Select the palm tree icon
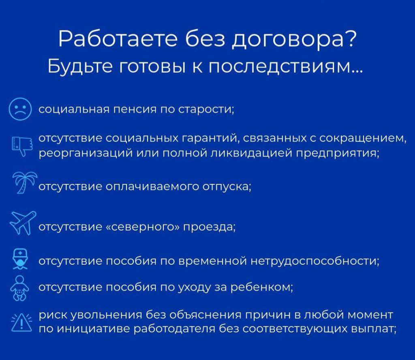click(24, 184)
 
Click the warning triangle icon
click(21, 322)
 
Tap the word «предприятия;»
click(338, 154)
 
